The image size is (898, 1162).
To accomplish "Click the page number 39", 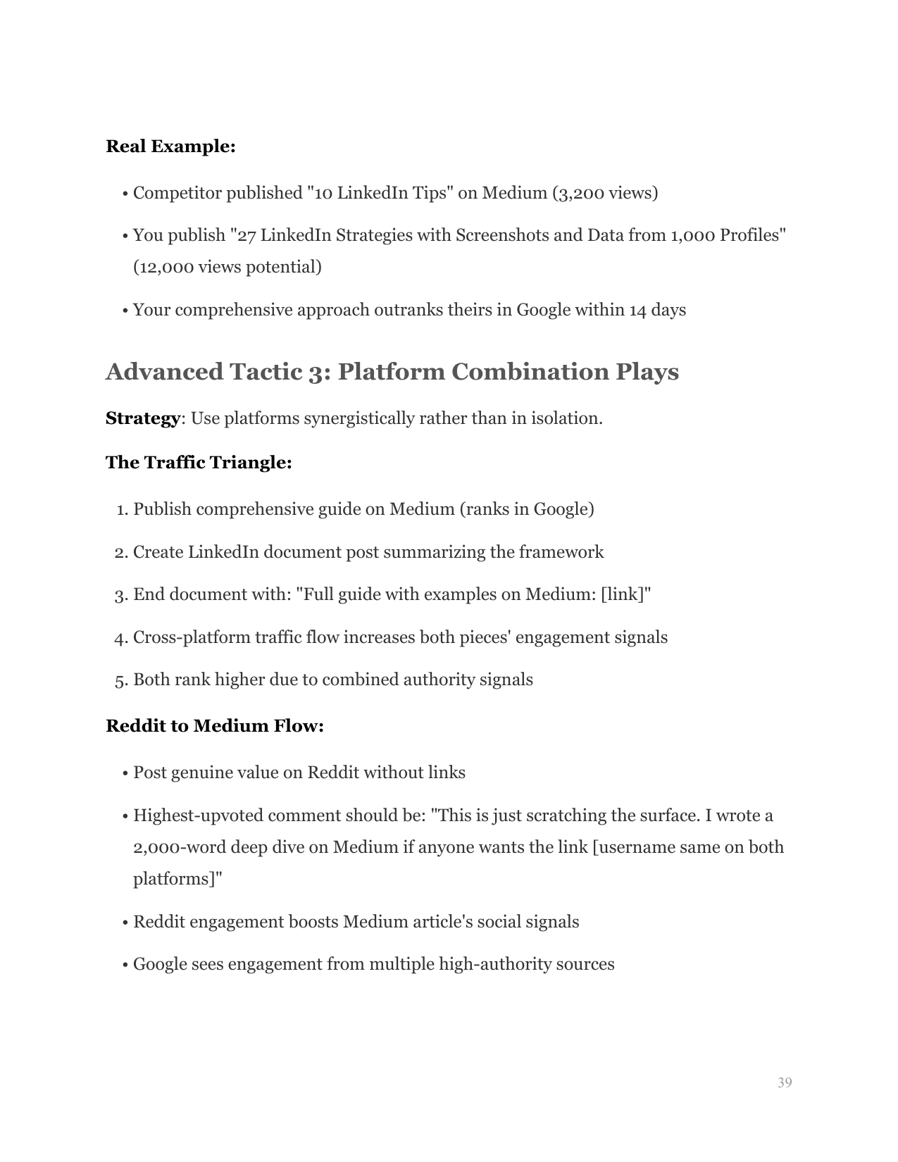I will pyautogui.click(x=785, y=1082).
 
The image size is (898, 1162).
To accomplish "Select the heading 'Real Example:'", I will pyautogui.click(x=170, y=146).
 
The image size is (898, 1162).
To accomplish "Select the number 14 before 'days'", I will pyautogui.click(x=637, y=311).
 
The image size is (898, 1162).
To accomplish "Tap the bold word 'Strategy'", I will pyautogui.click(x=143, y=418).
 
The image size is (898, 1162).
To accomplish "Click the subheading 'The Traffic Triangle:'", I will pyautogui.click(x=199, y=463).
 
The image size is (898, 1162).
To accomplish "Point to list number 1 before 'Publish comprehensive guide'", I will pyautogui.click(x=121, y=509).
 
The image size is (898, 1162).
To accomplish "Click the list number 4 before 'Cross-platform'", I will pyautogui.click(x=120, y=638).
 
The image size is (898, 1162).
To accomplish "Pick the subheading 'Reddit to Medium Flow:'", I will pyautogui.click(x=215, y=726).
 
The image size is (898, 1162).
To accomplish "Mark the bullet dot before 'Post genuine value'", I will pyautogui.click(x=125, y=774).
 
